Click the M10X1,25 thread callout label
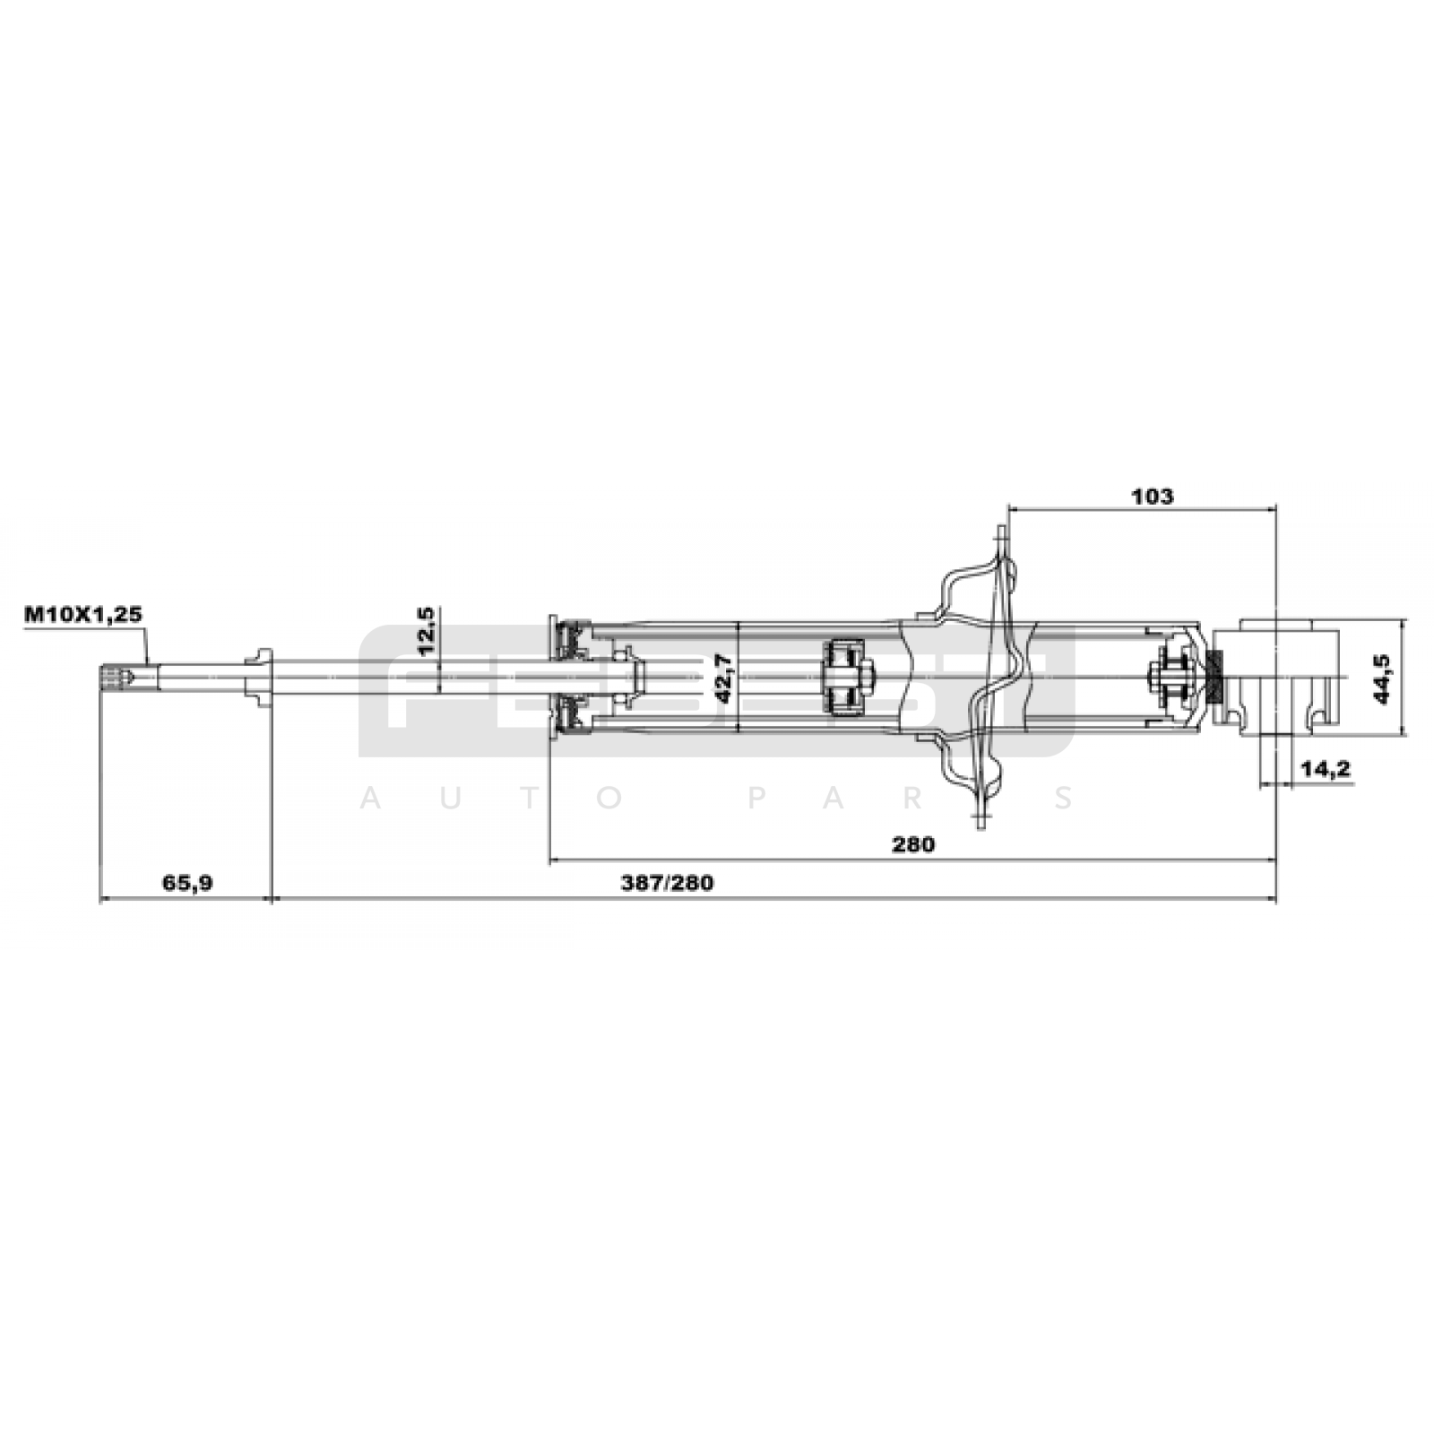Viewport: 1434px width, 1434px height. pyautogui.click(x=83, y=615)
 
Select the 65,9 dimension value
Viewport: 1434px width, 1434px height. pyautogui.click(x=187, y=883)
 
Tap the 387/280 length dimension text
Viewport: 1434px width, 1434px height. pyautogui.click(x=668, y=883)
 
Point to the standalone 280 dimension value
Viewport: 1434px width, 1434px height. pyautogui.click(x=913, y=844)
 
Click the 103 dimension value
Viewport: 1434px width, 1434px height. pyautogui.click(x=1152, y=496)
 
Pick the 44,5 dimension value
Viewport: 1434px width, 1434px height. pyautogui.click(x=1382, y=678)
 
